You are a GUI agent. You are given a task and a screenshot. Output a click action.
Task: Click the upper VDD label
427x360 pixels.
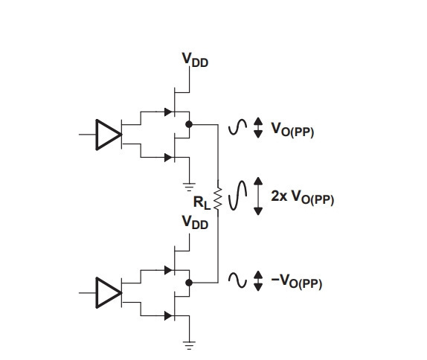[x=195, y=60]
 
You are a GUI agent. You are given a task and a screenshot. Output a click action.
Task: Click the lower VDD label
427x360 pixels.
[x=195, y=222]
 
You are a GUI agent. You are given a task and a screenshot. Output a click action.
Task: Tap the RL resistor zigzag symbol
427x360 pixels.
[x=217, y=199]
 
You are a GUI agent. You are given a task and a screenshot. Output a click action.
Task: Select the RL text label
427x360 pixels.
[x=202, y=202]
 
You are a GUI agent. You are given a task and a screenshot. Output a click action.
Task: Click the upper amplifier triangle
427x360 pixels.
[x=109, y=135]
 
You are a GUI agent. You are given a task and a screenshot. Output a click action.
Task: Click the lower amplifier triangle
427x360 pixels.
[x=109, y=293]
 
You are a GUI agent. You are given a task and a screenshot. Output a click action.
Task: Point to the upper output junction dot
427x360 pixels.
[x=189, y=124]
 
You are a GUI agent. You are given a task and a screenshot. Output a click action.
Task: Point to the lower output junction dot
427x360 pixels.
[x=189, y=283]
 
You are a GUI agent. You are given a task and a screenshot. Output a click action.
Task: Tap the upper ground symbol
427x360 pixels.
[x=189, y=187]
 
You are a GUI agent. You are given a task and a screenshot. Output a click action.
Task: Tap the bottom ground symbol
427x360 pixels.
[x=189, y=345]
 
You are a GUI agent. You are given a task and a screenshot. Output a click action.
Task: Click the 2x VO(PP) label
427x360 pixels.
[x=302, y=197]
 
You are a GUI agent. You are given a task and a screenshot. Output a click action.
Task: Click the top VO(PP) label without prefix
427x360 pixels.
[x=292, y=129]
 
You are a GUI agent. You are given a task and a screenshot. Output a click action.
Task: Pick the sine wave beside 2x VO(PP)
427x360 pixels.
[x=238, y=196]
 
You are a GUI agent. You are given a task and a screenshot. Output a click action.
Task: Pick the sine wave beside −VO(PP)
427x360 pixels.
[x=238, y=280]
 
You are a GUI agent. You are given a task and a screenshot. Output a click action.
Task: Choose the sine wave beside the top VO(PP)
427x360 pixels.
[x=238, y=127]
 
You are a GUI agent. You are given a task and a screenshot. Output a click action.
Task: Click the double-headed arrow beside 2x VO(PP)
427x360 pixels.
[x=258, y=196]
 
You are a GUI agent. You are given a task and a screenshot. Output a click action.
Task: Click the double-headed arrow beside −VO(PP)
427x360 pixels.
[x=258, y=281]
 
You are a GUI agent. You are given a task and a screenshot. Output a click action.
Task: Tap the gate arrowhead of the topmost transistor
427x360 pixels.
[x=168, y=112]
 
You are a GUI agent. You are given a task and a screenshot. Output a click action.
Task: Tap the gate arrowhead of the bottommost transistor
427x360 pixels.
[x=168, y=316]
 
